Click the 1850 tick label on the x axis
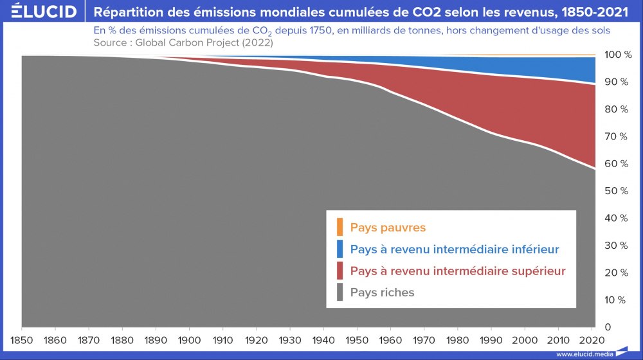[x=22, y=339]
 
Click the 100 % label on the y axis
[x=618, y=55]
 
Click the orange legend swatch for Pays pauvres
[x=339, y=227]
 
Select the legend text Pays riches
[x=383, y=292]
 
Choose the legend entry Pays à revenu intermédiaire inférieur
[x=455, y=249]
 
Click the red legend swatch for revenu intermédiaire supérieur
[x=339, y=271]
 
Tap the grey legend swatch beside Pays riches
[x=339, y=292]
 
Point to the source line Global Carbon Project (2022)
[x=183, y=42]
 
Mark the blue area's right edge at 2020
[x=593, y=70]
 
